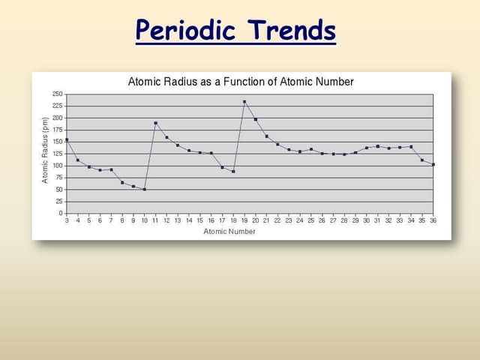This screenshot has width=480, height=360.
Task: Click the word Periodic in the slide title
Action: (x=187, y=31)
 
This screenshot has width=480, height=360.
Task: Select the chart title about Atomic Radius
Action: (x=241, y=81)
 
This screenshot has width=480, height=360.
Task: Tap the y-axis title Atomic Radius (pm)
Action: (x=46, y=154)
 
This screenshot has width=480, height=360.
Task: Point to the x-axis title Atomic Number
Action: (x=229, y=232)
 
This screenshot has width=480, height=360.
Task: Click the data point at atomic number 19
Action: (x=244, y=102)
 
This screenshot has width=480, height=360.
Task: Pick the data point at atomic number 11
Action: (x=155, y=123)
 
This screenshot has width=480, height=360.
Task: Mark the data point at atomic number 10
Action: (x=144, y=189)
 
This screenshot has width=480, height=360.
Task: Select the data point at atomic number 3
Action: (x=67, y=139)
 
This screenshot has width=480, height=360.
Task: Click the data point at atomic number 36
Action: (x=433, y=164)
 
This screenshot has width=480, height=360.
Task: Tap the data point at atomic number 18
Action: (x=233, y=172)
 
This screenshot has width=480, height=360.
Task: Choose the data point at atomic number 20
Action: (x=255, y=119)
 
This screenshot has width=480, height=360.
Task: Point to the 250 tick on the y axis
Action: (x=58, y=94)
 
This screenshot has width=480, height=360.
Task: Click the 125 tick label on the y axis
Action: (x=58, y=154)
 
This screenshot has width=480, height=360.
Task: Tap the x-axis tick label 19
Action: (x=244, y=221)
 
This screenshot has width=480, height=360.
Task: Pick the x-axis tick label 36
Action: (x=433, y=221)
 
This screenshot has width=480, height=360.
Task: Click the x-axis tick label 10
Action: (x=144, y=221)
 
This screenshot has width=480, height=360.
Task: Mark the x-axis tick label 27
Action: (x=333, y=221)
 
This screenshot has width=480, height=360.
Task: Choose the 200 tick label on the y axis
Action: (x=58, y=118)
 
